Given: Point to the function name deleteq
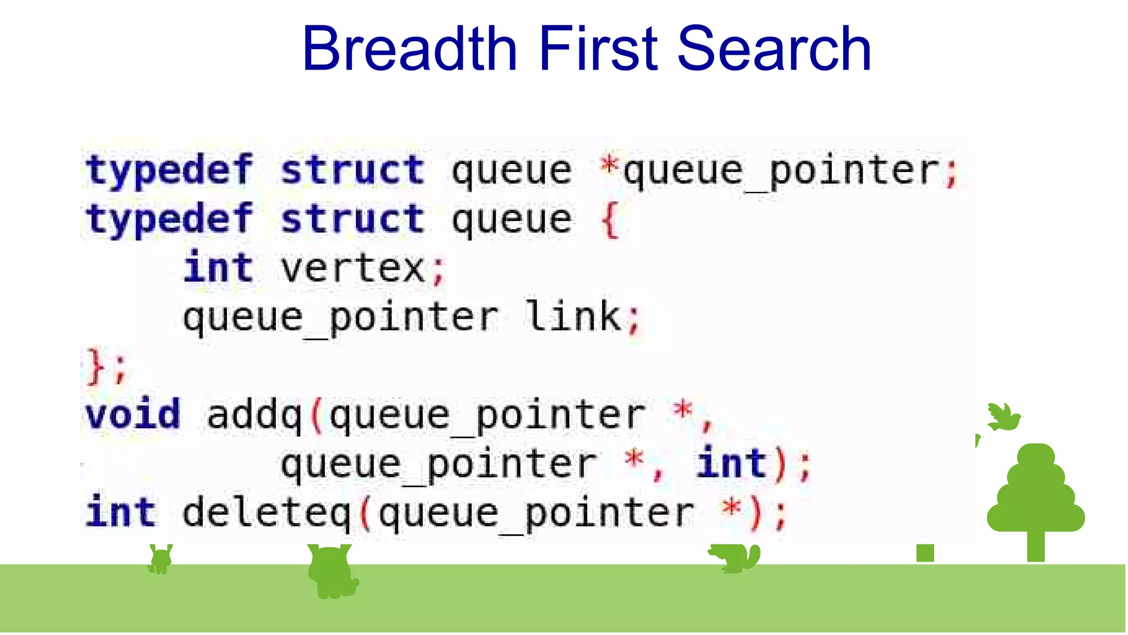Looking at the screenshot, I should point(266,513).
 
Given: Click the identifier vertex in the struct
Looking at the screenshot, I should point(352,268).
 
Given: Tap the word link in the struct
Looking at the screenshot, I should point(573,316).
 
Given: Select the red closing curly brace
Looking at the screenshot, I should point(95,366).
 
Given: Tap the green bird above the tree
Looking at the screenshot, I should point(1004,417).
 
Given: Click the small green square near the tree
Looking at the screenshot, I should point(925,553).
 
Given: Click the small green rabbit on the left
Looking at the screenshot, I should point(160,559).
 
